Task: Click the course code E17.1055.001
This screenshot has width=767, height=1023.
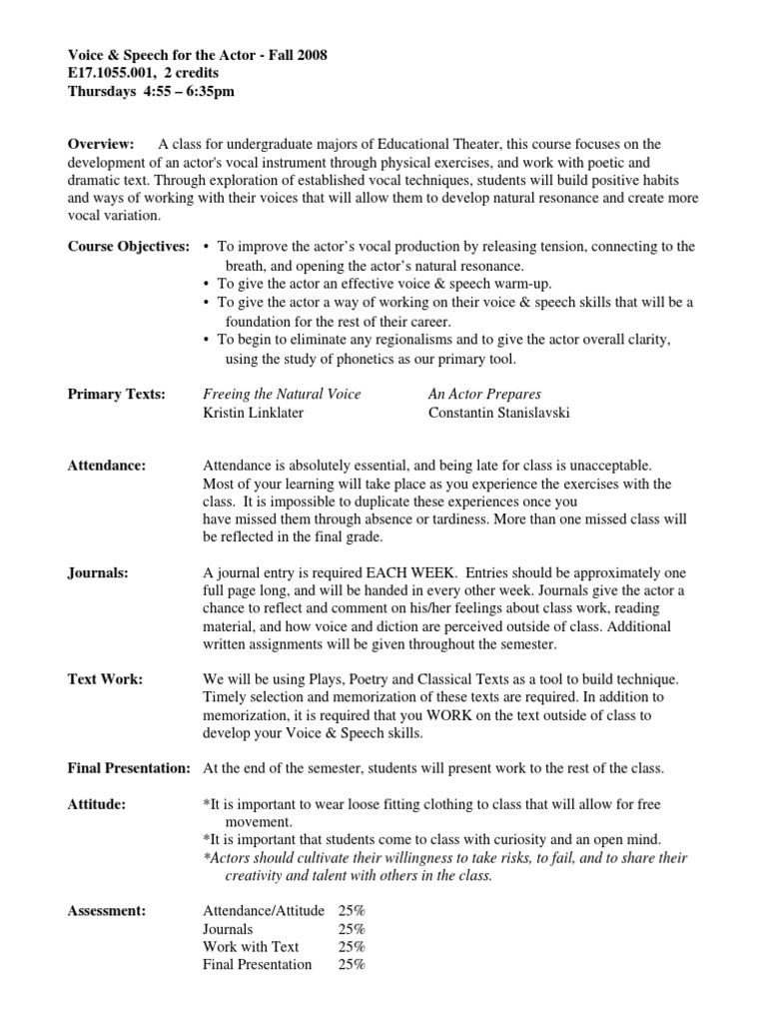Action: (x=112, y=73)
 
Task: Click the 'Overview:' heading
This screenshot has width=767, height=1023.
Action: (x=101, y=145)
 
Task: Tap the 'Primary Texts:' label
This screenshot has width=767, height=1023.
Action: (x=116, y=394)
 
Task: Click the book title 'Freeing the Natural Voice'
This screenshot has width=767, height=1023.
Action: (x=282, y=394)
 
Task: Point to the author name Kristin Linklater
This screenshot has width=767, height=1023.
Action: (x=255, y=412)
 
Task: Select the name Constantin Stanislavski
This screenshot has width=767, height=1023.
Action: (x=498, y=412)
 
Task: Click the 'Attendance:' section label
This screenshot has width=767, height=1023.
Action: (x=106, y=465)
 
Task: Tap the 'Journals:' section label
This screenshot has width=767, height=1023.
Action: (x=99, y=572)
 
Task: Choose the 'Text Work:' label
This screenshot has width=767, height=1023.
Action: (x=105, y=679)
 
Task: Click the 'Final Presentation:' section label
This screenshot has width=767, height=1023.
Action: (x=128, y=767)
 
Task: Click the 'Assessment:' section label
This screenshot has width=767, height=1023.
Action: (x=106, y=910)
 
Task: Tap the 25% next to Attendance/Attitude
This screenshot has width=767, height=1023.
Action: (x=352, y=910)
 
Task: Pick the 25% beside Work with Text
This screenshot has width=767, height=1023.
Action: (x=352, y=946)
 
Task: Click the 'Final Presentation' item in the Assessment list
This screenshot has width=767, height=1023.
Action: (x=257, y=964)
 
